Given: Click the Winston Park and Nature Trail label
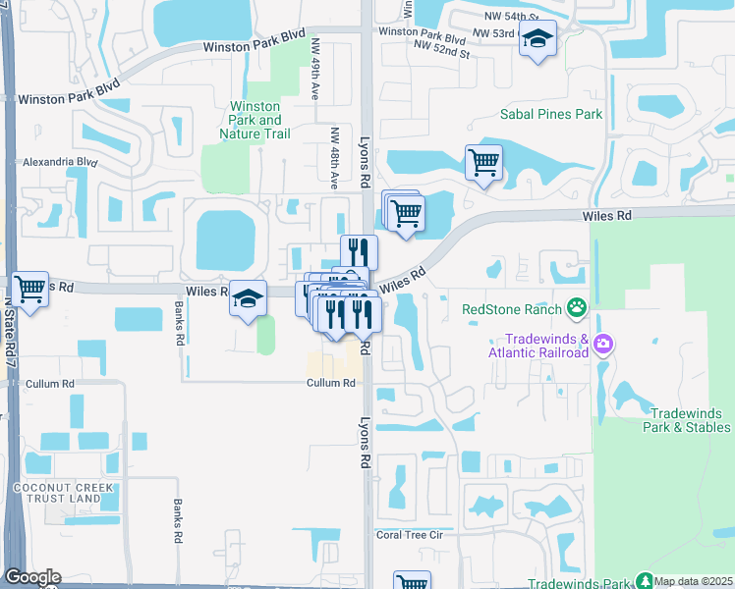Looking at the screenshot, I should [x=254, y=120].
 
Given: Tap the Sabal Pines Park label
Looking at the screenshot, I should [x=550, y=114].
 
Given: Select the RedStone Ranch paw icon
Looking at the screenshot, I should [x=577, y=309].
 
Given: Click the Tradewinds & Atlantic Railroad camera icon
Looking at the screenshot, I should [x=603, y=345].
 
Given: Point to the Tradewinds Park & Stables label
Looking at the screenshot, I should [x=688, y=419].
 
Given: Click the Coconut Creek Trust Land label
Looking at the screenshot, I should [x=57, y=493].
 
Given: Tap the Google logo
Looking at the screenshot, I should [x=32, y=577].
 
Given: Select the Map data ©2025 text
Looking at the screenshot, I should [x=694, y=580].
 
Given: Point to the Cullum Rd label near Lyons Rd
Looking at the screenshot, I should [x=329, y=383].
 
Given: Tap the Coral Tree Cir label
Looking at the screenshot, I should [x=410, y=535].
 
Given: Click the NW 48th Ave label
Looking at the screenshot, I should [x=334, y=158].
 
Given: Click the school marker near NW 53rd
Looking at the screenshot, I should [x=537, y=39].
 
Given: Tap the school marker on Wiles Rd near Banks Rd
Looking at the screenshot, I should [x=249, y=297].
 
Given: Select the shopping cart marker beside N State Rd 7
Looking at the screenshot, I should [x=30, y=290].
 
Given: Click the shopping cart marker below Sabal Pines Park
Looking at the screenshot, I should [x=483, y=162].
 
